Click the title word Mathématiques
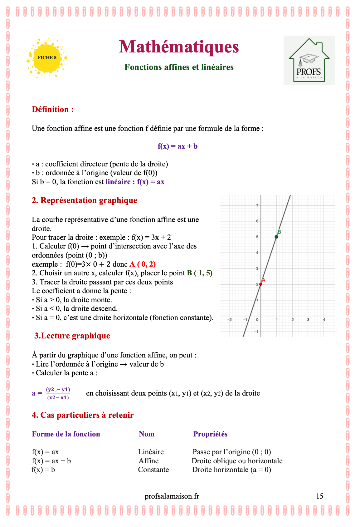tap(179, 47)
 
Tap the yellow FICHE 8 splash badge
tap(47, 58)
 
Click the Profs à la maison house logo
tap(309, 60)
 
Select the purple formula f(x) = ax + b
tap(178, 146)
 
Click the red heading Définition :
tap(53, 110)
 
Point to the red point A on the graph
tap(261, 284)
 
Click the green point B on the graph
tap(276, 237)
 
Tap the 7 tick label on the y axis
tap(257, 205)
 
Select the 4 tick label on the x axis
tap(324, 320)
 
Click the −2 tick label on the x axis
tap(229, 320)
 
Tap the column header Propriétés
tap(210, 434)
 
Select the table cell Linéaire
tap(151, 452)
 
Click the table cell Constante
tap(153, 470)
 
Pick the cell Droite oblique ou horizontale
tap(237, 461)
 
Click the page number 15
tap(319, 496)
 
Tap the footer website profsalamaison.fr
tap(172, 496)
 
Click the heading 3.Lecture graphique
tap(72, 336)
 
